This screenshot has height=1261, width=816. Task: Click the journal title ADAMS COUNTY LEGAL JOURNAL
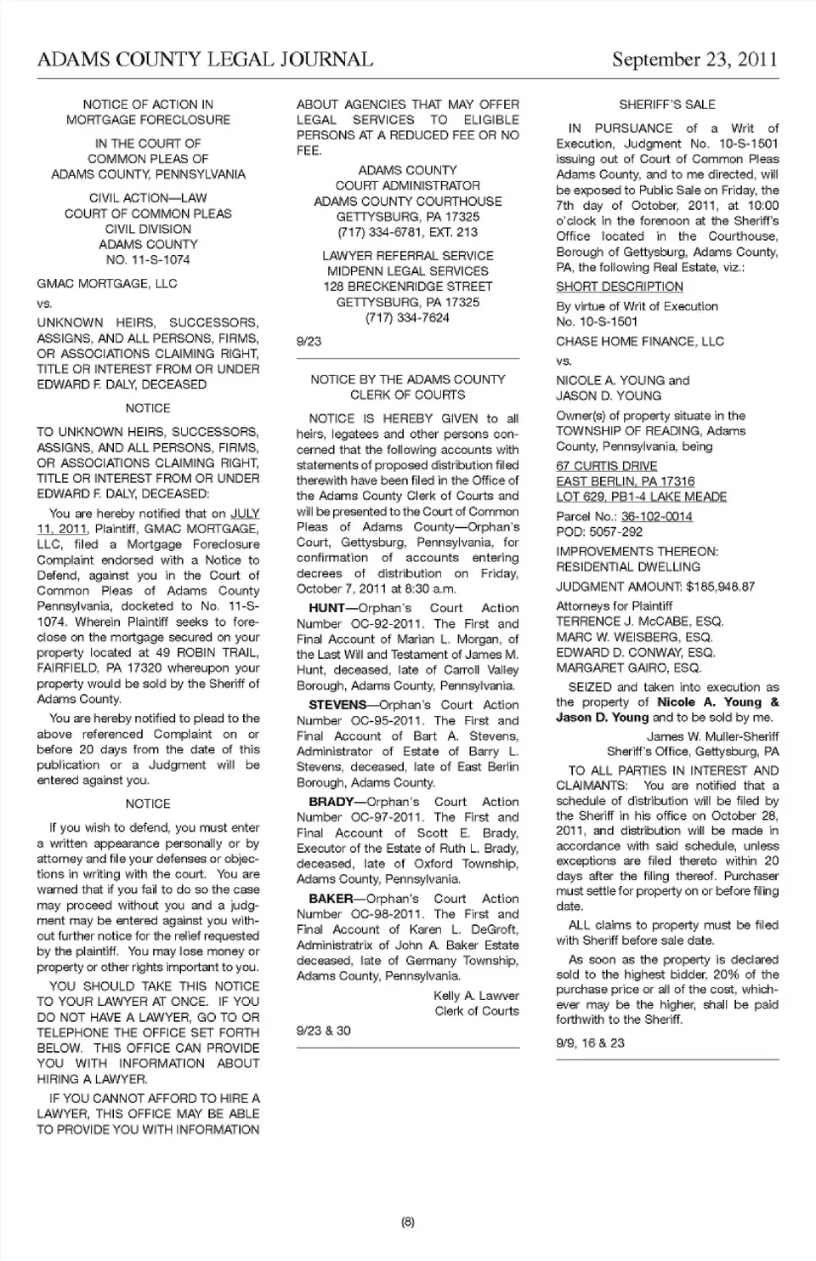pyautogui.click(x=205, y=59)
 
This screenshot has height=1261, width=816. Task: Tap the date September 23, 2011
pyautogui.click(x=694, y=59)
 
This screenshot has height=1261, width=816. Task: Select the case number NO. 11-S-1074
pyautogui.click(x=148, y=259)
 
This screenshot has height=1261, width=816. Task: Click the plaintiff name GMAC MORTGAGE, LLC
pyautogui.click(x=107, y=283)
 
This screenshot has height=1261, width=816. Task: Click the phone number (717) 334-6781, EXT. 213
pyautogui.click(x=407, y=232)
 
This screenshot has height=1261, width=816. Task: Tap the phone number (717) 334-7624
pyautogui.click(x=407, y=317)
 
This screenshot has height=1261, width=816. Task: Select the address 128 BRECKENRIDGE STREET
pyautogui.click(x=407, y=287)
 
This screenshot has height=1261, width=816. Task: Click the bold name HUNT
pyautogui.click(x=326, y=608)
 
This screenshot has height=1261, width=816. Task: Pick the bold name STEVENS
pyautogui.click(x=336, y=705)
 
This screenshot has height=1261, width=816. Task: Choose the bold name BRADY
pyautogui.click(x=331, y=802)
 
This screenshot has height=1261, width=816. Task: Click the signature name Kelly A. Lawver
pyautogui.click(x=476, y=996)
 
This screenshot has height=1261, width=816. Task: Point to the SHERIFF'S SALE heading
pyautogui.click(x=667, y=105)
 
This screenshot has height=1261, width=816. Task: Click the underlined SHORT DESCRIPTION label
pyautogui.click(x=620, y=287)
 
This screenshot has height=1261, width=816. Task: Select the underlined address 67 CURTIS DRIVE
pyautogui.click(x=607, y=466)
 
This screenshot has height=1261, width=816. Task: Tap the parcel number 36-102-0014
pyautogui.click(x=656, y=516)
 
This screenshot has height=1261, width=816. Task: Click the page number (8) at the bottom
pyautogui.click(x=407, y=1223)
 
